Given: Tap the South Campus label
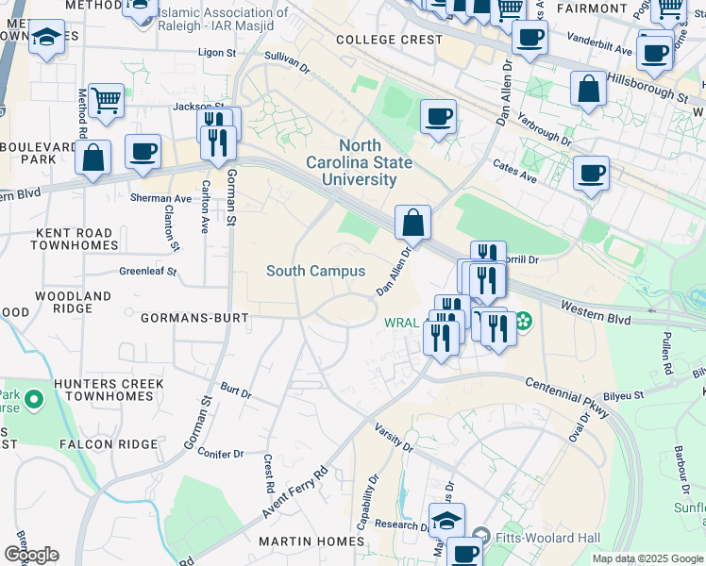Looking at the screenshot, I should [315, 271].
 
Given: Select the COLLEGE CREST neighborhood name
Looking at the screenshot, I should [389, 40].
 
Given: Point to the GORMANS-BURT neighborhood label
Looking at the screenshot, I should [193, 319].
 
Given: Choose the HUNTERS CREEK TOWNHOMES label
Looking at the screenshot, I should [109, 391].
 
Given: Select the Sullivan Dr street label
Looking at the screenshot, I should [287, 62].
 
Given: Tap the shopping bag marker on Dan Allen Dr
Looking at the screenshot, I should [412, 223].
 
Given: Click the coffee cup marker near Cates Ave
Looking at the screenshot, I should [591, 173].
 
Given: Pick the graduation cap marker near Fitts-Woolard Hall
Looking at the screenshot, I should [446, 519].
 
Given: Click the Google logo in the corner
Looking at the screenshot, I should [30, 555].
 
